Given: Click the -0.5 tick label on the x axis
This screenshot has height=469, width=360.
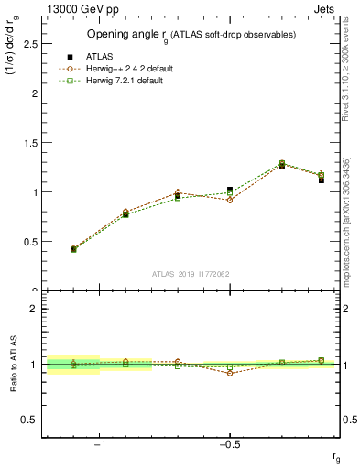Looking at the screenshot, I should pos(228,445).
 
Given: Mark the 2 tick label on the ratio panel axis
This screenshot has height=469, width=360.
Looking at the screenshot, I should pos(35,310).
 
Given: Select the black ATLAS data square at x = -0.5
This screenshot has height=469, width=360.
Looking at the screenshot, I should pos(230,190).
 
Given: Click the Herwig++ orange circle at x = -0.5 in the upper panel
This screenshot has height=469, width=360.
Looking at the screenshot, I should pos(230,200).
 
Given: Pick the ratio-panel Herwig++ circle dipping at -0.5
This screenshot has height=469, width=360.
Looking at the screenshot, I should pos(230,373).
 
